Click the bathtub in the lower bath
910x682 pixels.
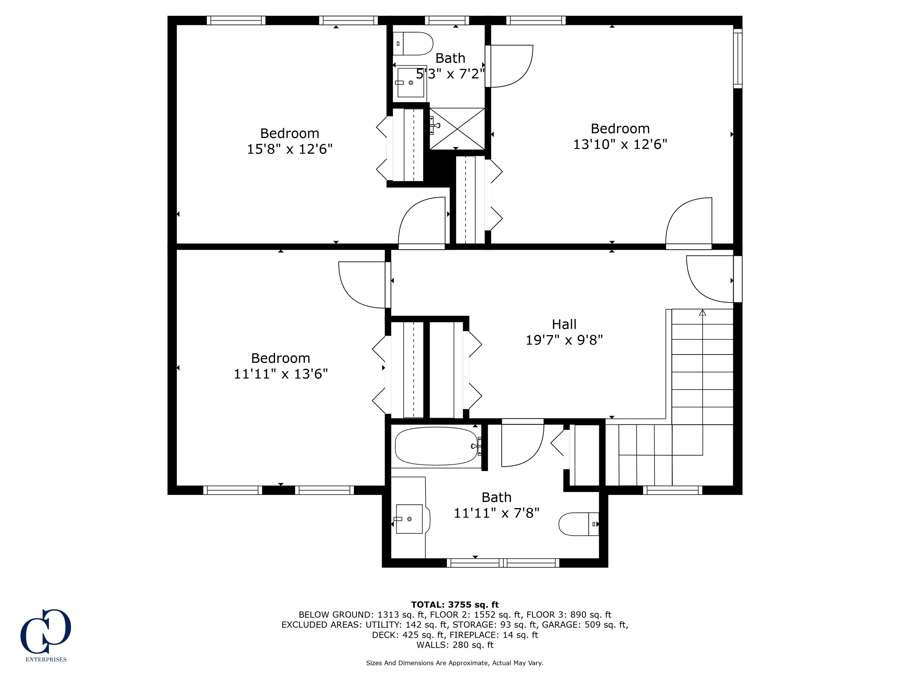436,446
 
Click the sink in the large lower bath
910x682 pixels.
409,519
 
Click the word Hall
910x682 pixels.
564,324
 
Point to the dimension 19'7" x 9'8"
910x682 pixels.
564,340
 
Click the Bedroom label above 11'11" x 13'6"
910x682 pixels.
280,358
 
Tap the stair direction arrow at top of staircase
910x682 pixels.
702,313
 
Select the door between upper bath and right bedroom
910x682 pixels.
510,66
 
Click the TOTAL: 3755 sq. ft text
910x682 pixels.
455,604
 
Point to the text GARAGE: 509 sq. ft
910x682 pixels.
585,624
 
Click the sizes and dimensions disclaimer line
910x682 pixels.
455,663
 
